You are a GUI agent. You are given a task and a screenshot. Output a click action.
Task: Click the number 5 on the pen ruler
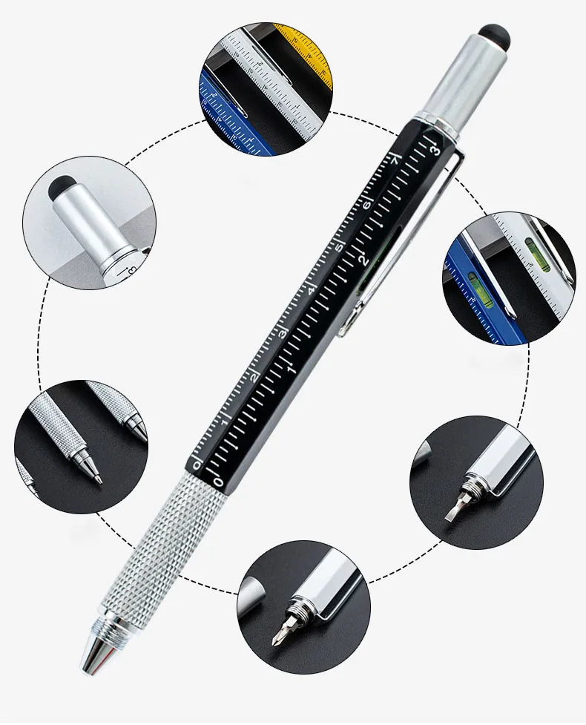[x=340, y=247]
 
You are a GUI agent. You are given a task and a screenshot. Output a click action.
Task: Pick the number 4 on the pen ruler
[x=312, y=290]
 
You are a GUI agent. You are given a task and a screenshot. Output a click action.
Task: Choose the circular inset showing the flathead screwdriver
[x=475, y=482]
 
